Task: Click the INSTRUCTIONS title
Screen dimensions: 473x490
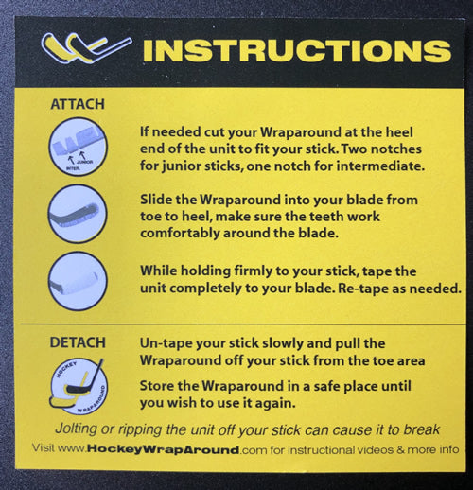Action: point(297,50)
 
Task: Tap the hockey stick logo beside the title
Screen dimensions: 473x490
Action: point(86,48)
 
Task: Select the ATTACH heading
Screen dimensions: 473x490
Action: point(78,104)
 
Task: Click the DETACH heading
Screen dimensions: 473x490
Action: point(78,342)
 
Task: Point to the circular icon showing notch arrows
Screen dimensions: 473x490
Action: point(78,147)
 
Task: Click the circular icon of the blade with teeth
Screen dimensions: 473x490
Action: point(78,214)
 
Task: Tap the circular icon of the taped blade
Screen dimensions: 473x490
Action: point(78,281)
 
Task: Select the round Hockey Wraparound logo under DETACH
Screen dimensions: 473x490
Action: point(79,387)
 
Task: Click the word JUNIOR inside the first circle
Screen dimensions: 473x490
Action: point(85,162)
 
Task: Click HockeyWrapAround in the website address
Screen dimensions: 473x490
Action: point(163,449)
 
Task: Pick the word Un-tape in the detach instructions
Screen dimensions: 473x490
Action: point(166,343)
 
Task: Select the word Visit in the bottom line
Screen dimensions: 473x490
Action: point(44,447)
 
